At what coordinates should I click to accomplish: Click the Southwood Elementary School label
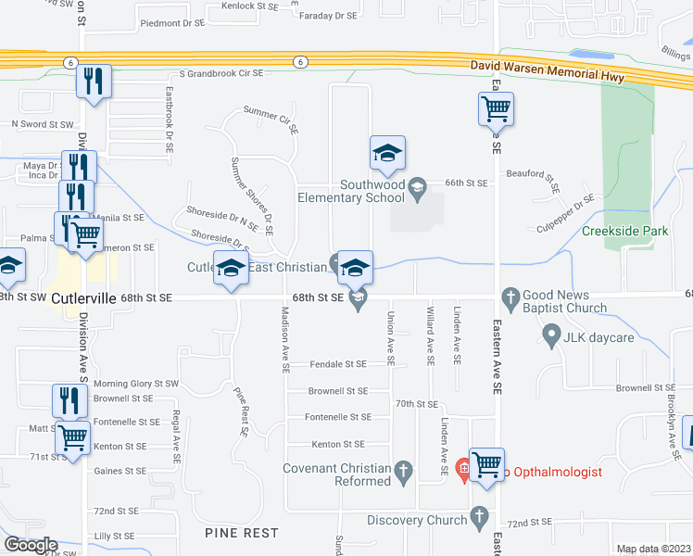352,191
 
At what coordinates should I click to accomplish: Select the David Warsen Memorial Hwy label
548,67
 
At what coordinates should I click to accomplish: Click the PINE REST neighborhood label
244,534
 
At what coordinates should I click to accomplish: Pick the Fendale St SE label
338,365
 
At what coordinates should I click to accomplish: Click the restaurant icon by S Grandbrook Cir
94,81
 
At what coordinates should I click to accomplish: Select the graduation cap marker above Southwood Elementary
388,154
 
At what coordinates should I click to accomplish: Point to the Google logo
30,545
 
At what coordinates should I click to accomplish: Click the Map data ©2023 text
653,549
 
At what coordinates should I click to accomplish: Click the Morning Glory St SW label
123,384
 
